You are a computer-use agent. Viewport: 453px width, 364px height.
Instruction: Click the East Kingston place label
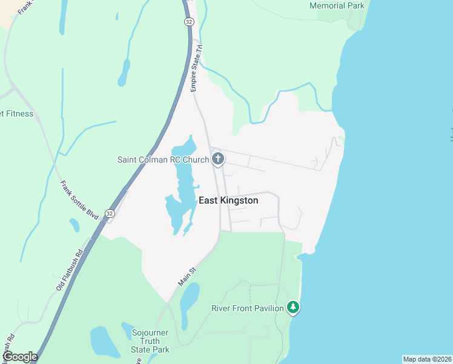click(228, 201)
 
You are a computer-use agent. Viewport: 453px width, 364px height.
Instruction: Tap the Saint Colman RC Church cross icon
click(218, 160)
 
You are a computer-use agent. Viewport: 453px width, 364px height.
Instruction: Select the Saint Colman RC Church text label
click(163, 160)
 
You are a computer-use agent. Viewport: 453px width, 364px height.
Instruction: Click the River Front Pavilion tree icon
click(293, 308)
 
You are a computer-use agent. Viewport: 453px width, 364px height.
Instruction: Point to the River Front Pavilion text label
click(247, 308)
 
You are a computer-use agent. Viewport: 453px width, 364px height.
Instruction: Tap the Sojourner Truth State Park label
click(150, 341)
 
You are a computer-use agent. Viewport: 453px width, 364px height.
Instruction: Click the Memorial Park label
click(337, 6)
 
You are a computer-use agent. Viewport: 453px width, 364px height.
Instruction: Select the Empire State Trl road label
click(195, 70)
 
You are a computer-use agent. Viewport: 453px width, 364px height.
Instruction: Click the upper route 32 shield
click(188, 21)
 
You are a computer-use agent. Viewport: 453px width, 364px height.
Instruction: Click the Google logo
click(19, 357)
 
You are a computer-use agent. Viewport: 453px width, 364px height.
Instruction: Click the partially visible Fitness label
click(17, 113)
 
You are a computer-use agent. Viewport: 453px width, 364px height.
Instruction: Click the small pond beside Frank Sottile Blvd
click(74, 225)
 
